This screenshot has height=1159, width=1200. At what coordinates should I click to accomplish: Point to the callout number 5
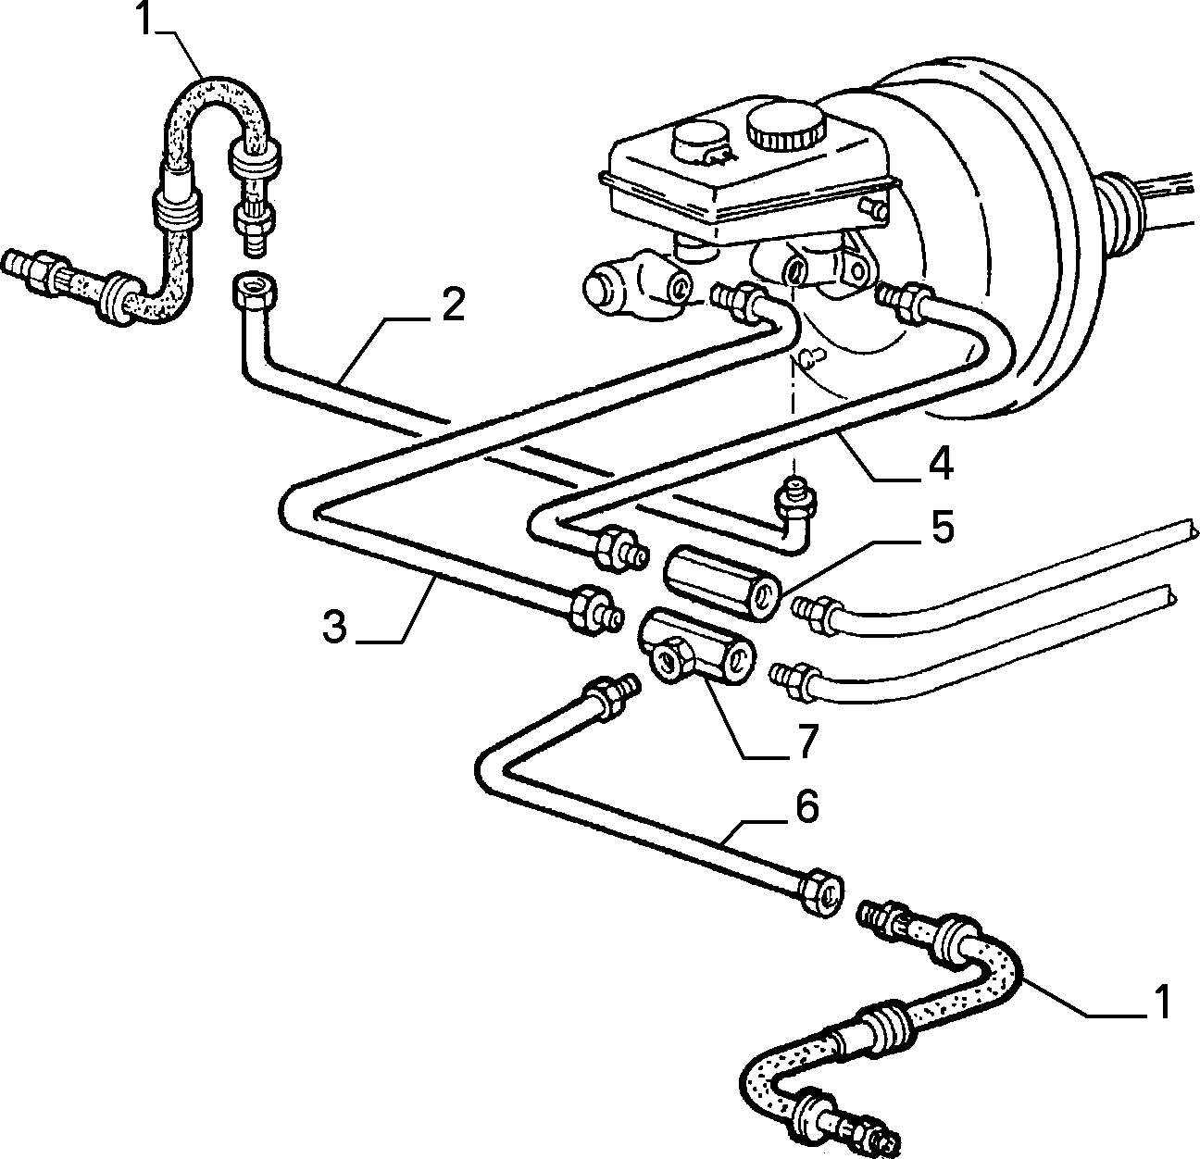tap(942, 527)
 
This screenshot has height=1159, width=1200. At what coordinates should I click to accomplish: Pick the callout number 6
tap(807, 805)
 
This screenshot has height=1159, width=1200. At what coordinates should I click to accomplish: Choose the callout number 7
tap(806, 740)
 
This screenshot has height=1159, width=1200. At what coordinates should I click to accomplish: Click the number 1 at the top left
tap(145, 19)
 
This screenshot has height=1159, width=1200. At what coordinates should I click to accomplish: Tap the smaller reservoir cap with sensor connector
tap(701, 144)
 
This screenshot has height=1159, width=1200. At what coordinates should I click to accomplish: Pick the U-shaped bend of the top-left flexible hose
tap(219, 111)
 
